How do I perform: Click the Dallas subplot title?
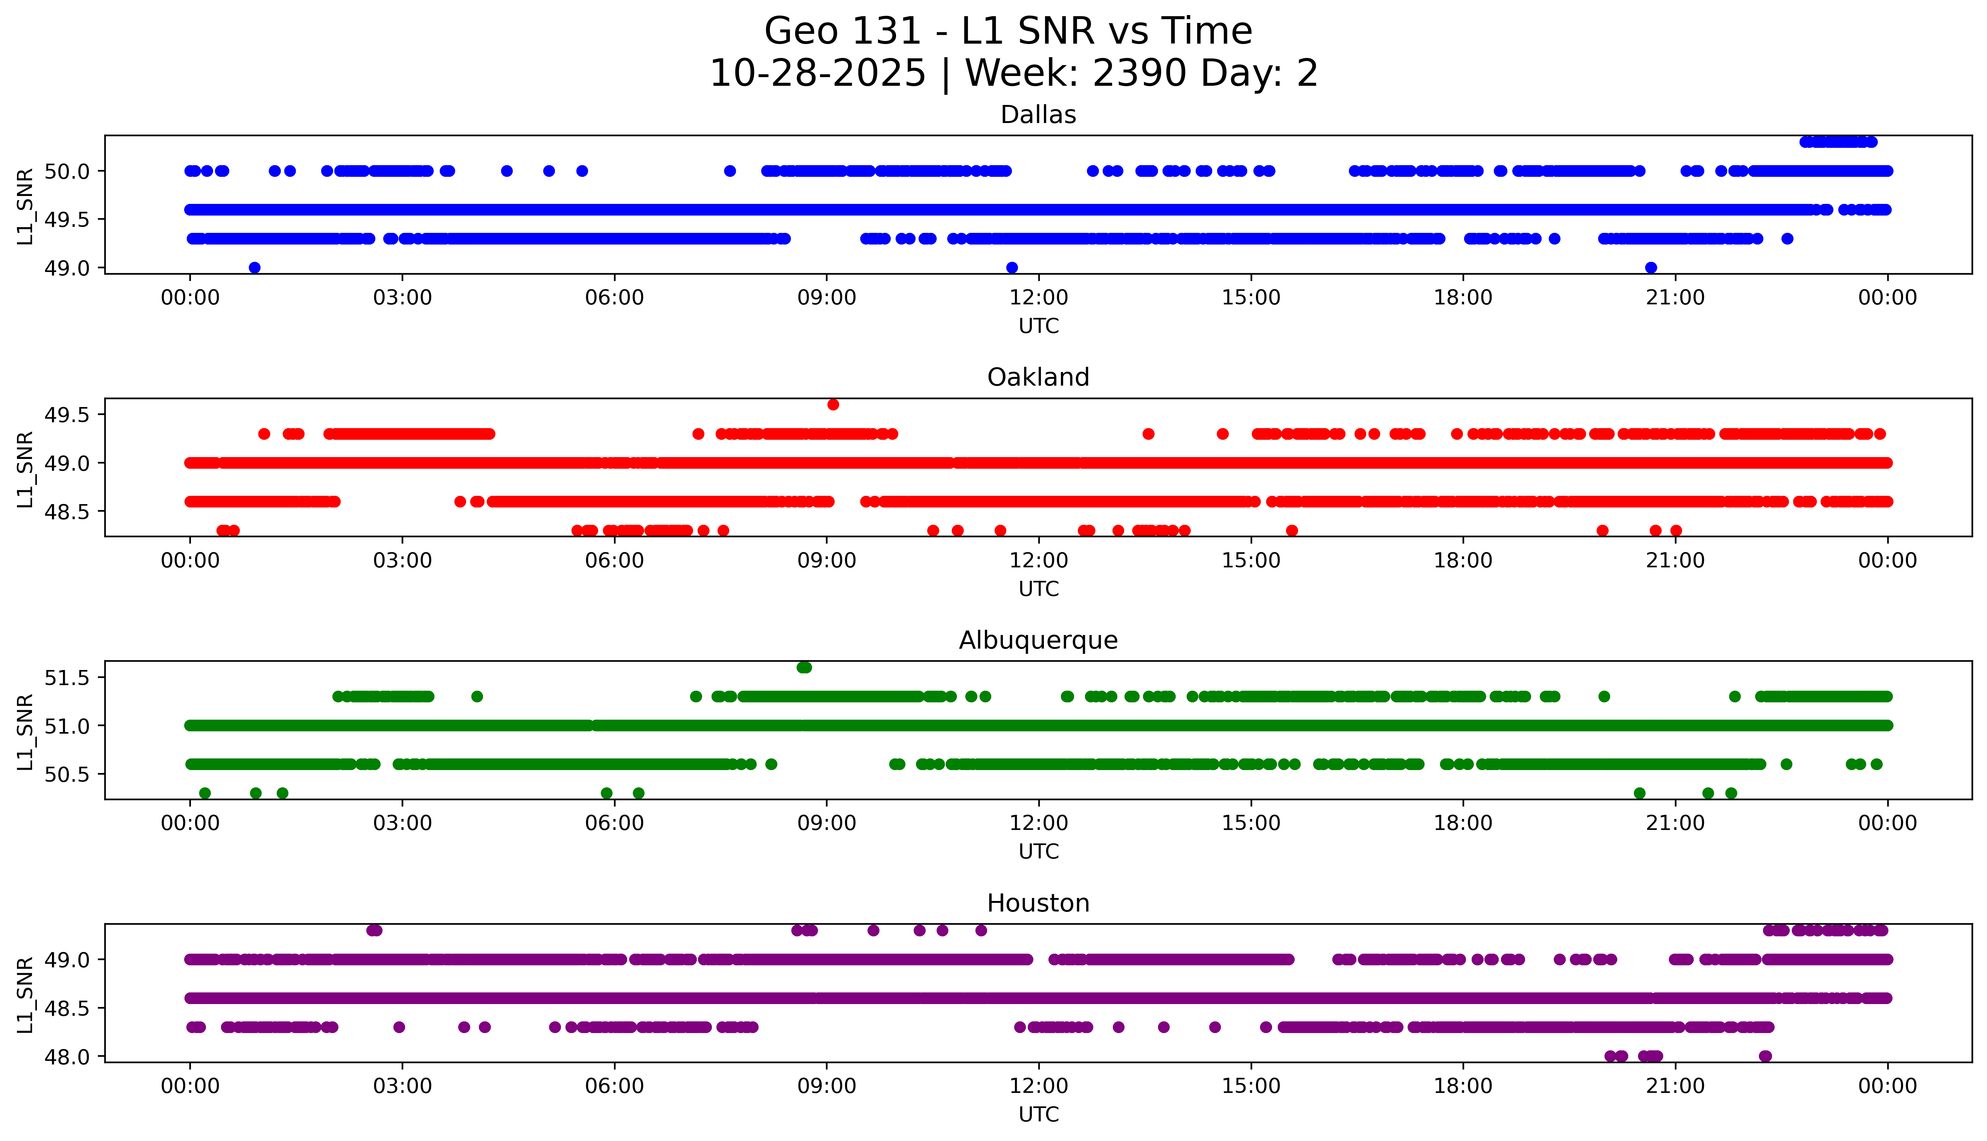point(1038,115)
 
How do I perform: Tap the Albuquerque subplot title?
point(1038,640)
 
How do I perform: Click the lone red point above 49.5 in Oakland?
point(833,404)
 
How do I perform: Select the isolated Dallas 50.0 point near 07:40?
point(730,171)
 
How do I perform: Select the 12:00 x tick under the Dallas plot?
point(1038,298)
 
